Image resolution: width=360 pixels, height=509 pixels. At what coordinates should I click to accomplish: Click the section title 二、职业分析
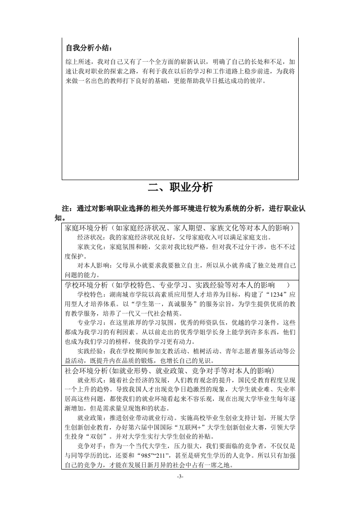180,187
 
